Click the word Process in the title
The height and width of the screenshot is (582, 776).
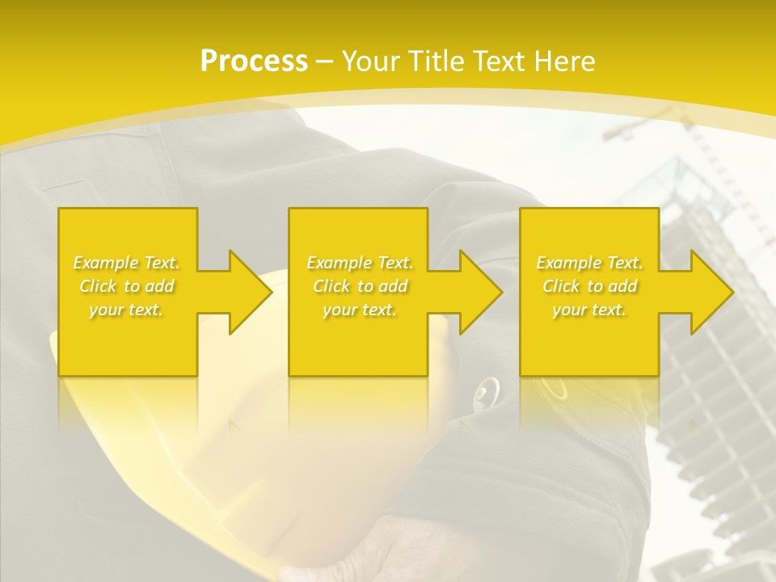click(x=254, y=61)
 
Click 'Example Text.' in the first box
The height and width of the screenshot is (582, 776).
click(x=126, y=263)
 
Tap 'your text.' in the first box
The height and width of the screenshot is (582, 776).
click(x=126, y=310)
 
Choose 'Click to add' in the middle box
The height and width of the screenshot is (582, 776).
click(x=360, y=286)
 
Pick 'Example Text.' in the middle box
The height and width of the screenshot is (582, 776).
click(x=360, y=263)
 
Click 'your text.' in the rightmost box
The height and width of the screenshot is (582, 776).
click(x=589, y=310)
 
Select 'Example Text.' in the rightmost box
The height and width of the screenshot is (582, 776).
click(x=589, y=263)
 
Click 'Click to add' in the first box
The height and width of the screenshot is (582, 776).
click(x=126, y=286)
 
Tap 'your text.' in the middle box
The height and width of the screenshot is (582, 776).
click(x=360, y=310)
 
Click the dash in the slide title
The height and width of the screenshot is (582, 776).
click(x=325, y=61)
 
